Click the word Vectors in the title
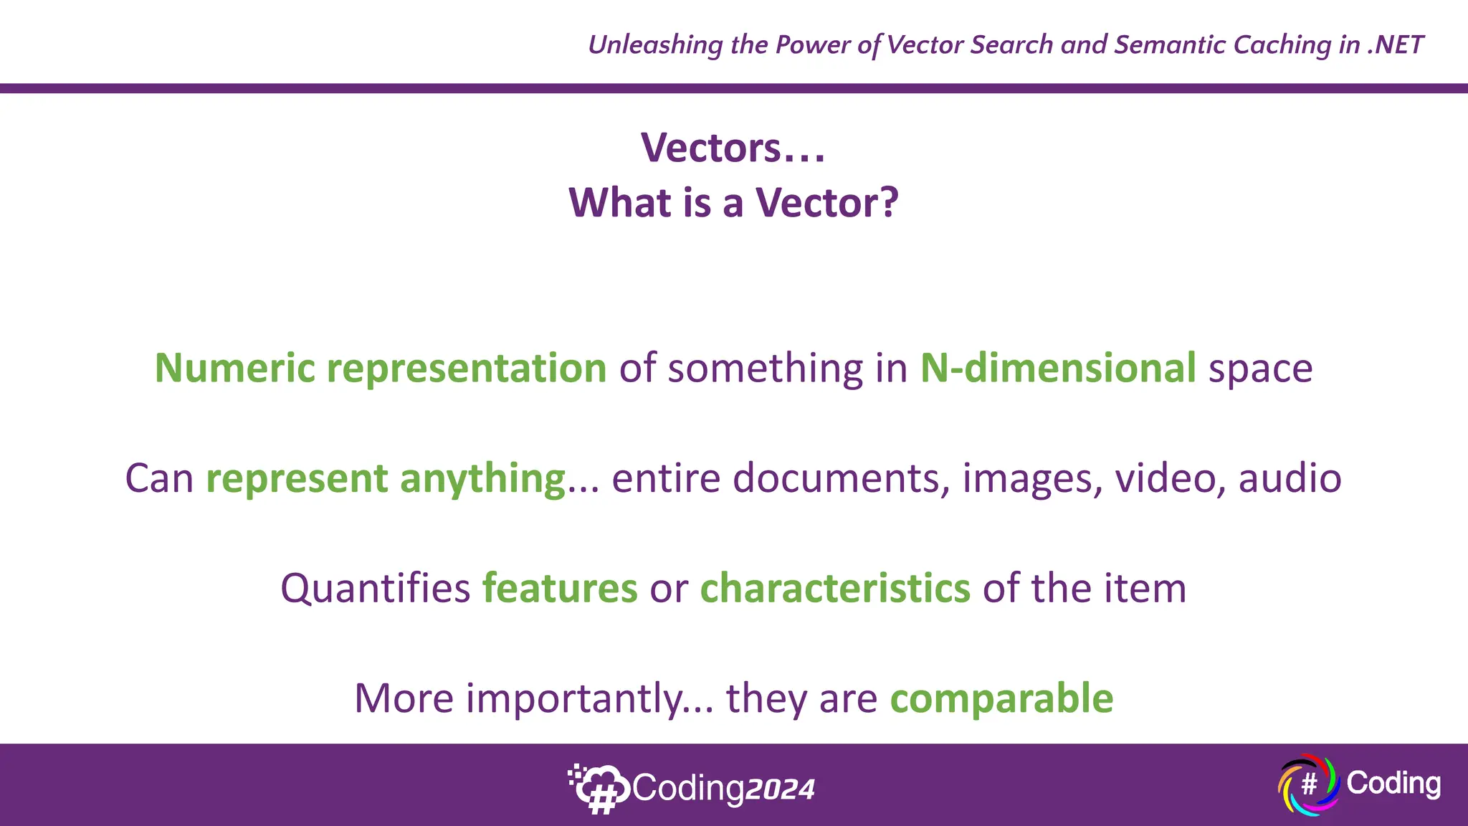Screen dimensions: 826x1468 (710, 148)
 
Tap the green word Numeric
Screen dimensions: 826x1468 (235, 369)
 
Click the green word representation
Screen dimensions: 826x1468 (467, 369)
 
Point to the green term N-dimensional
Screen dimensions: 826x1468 (1058, 369)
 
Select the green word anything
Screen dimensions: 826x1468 (483, 479)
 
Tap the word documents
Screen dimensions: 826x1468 (836, 478)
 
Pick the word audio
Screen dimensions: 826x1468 (1290, 478)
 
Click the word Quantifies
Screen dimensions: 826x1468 (375, 589)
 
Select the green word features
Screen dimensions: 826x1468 (560, 589)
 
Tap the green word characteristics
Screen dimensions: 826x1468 (835, 589)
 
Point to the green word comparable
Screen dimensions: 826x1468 (1001, 699)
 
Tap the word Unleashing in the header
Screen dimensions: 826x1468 (655, 45)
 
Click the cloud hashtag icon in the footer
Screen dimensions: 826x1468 (599, 789)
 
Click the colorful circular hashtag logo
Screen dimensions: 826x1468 (1308, 784)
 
